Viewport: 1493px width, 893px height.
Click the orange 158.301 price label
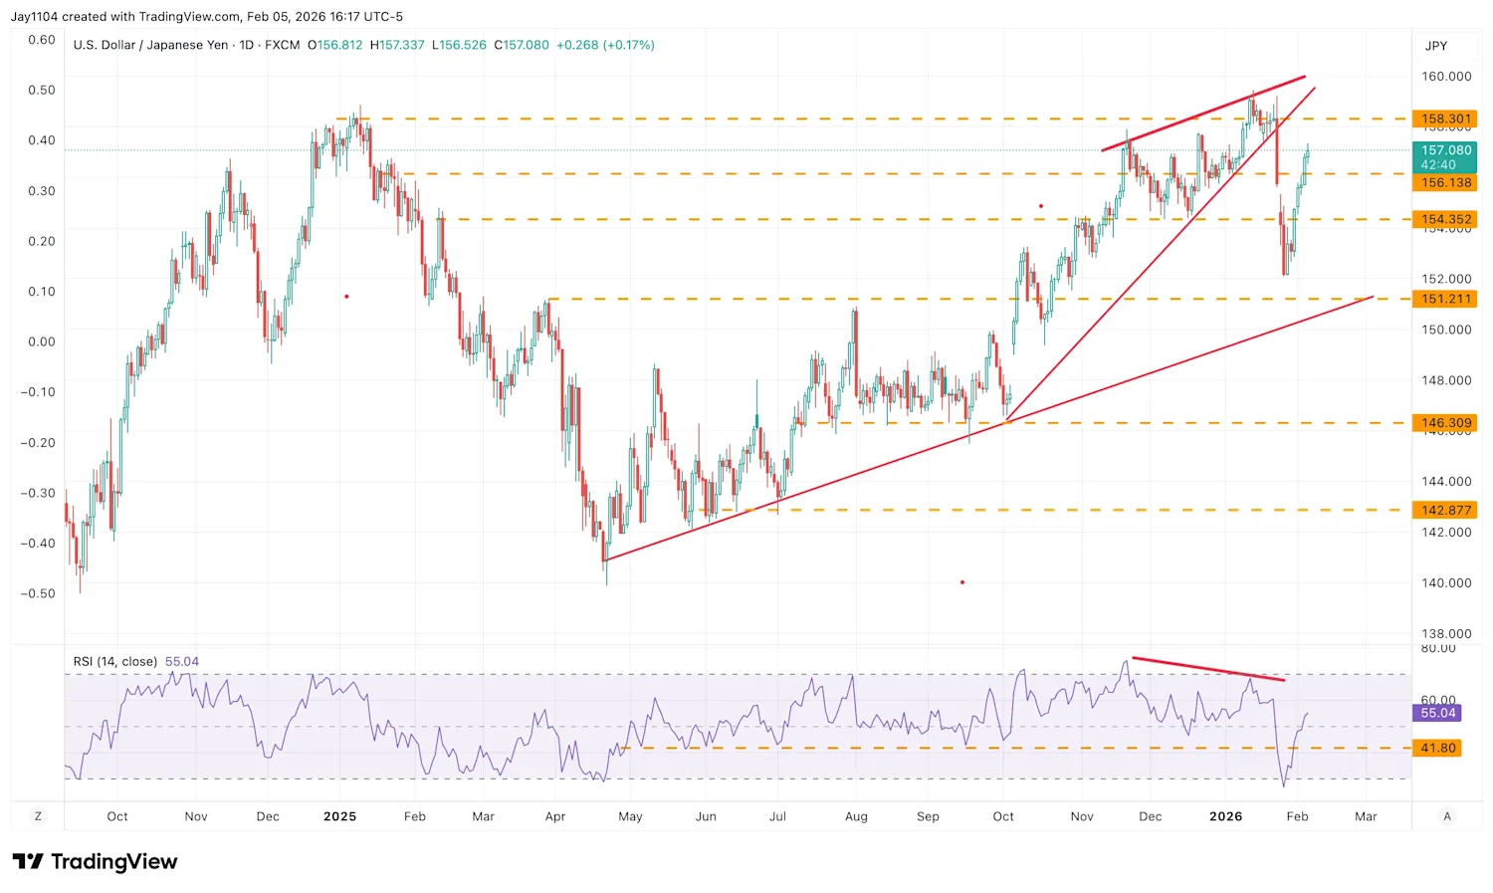pyautogui.click(x=1445, y=118)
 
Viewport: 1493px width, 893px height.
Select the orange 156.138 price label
pyautogui.click(x=1445, y=183)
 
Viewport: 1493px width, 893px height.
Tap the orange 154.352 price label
pyautogui.click(x=1445, y=219)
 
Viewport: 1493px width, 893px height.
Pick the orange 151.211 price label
pyautogui.click(x=1445, y=299)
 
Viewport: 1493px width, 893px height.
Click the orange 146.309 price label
pyautogui.click(x=1445, y=423)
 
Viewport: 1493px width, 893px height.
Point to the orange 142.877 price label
pyautogui.click(x=1445, y=510)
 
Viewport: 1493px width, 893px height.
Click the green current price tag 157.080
pyautogui.click(x=1445, y=156)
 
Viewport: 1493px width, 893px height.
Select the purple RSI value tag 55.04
pyautogui.click(x=1437, y=713)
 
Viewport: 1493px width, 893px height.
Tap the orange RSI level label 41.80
pyautogui.click(x=1437, y=748)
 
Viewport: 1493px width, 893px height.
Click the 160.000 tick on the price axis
pyautogui.click(x=1445, y=77)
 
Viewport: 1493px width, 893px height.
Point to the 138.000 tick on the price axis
pyautogui.click(x=1445, y=633)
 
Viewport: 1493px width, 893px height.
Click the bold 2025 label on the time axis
pyautogui.click(x=339, y=816)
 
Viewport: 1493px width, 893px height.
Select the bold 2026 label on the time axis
pyautogui.click(x=1225, y=816)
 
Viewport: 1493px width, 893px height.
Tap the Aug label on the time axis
pyautogui.click(x=856, y=816)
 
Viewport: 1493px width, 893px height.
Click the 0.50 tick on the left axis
pyautogui.click(x=42, y=90)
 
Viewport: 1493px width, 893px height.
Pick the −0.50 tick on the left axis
pyautogui.click(x=38, y=593)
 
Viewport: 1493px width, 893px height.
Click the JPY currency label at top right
pyautogui.click(x=1435, y=46)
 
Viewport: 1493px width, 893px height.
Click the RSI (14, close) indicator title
pyautogui.click(x=115, y=661)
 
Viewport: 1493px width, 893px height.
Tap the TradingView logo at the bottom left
pyautogui.click(x=96, y=861)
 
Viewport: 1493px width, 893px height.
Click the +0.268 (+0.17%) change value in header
pyautogui.click(x=605, y=45)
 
